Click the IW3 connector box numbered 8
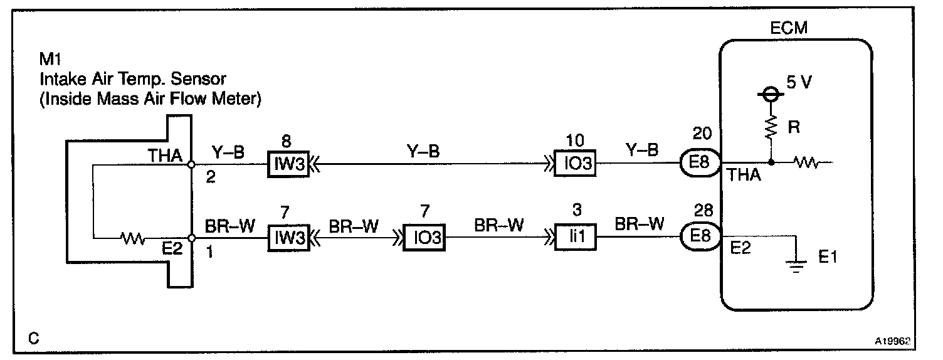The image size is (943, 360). click(289, 166)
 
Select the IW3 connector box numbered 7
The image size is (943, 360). click(289, 239)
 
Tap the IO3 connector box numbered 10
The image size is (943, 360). click(575, 166)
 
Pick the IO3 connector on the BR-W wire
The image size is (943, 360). click(423, 239)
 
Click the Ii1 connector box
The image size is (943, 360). click(575, 239)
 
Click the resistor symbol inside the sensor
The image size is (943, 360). click(133, 238)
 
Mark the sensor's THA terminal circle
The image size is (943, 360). click(191, 166)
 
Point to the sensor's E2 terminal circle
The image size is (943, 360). click(191, 238)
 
